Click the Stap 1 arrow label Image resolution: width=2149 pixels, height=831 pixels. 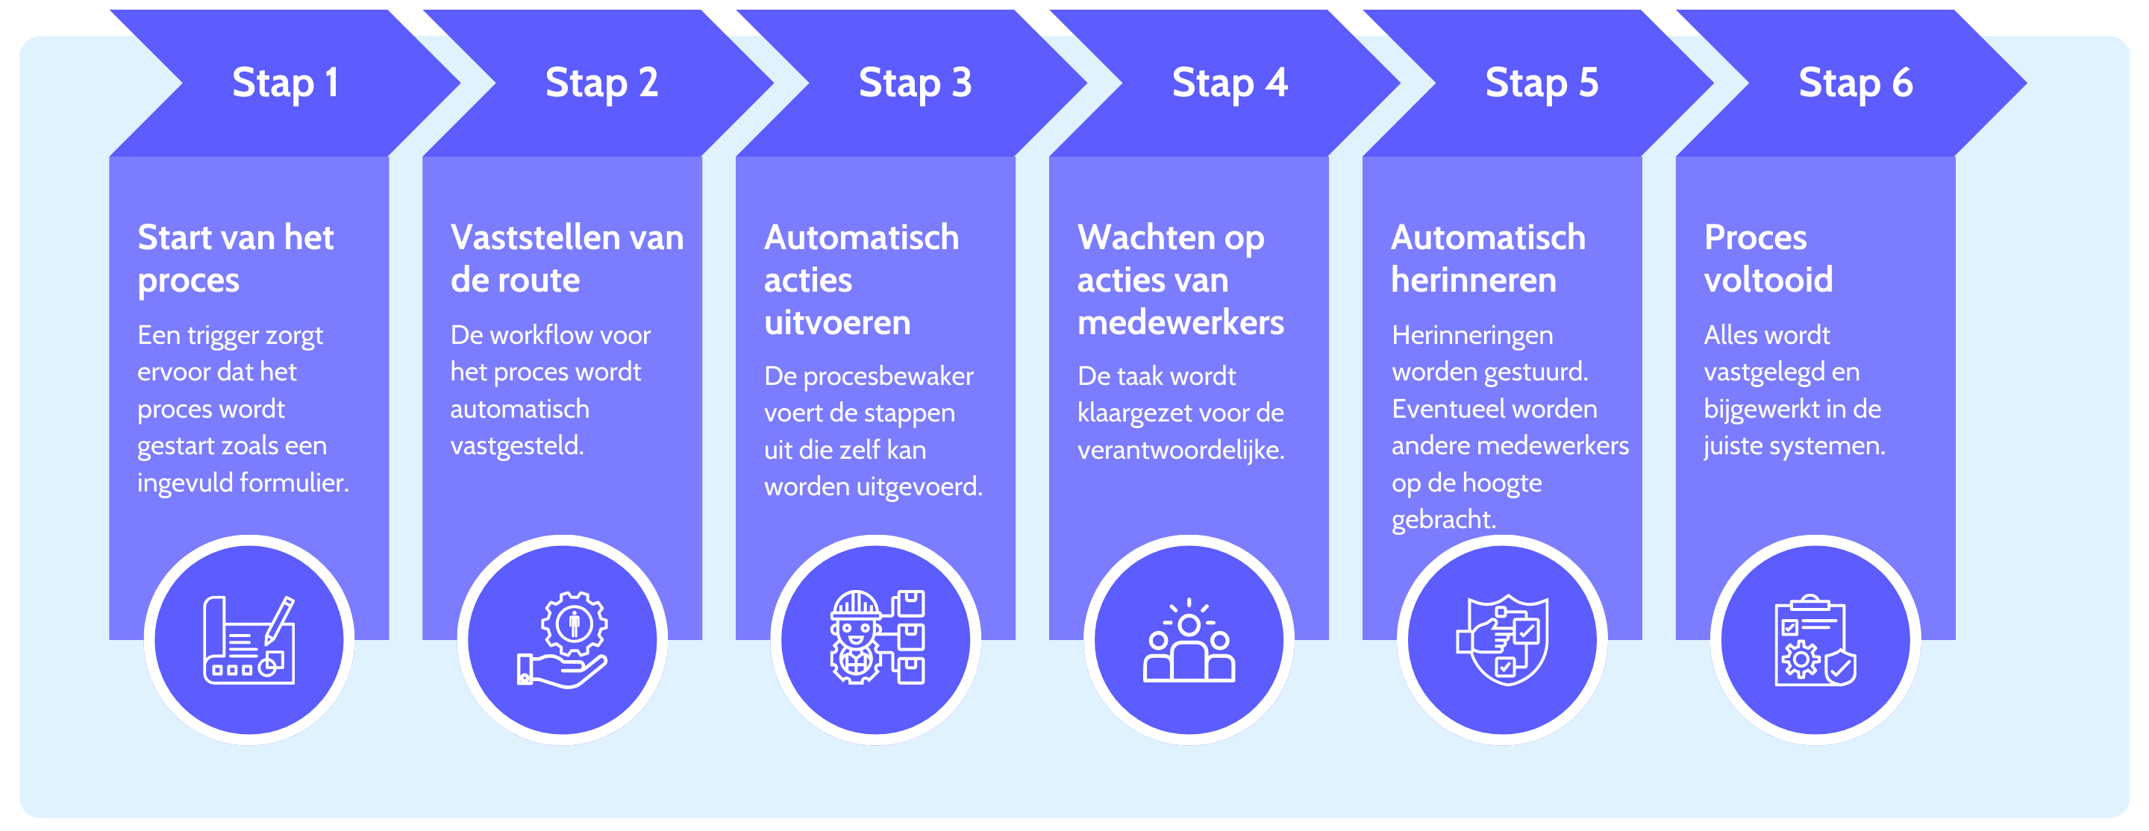coord(285,84)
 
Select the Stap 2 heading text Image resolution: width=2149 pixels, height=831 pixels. coord(601,84)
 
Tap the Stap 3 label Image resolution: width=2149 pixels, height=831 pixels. coord(915,84)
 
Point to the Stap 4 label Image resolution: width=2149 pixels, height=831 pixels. coord(1230,84)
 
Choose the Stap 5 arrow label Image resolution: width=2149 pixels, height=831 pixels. coord(1542,84)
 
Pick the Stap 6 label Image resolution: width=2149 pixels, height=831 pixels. coord(1855,84)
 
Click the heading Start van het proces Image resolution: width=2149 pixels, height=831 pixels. coord(235,259)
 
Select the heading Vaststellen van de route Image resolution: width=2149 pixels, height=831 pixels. coord(567,259)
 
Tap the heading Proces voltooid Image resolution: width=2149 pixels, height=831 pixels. coord(1768,259)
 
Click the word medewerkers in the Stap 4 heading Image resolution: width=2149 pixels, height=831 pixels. coord(1180,323)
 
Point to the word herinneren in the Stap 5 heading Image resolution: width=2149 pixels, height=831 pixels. coord(1473,280)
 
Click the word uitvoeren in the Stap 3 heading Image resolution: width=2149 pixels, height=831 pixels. coord(836,323)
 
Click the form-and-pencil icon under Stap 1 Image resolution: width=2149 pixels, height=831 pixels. coord(248,640)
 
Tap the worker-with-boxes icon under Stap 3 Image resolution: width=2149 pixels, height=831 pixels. coord(876,638)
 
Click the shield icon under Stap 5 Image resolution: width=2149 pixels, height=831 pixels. coord(1503,640)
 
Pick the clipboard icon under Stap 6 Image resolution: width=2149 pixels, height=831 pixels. coord(1815,641)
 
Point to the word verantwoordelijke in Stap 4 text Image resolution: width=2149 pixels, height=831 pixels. coord(1180,451)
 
